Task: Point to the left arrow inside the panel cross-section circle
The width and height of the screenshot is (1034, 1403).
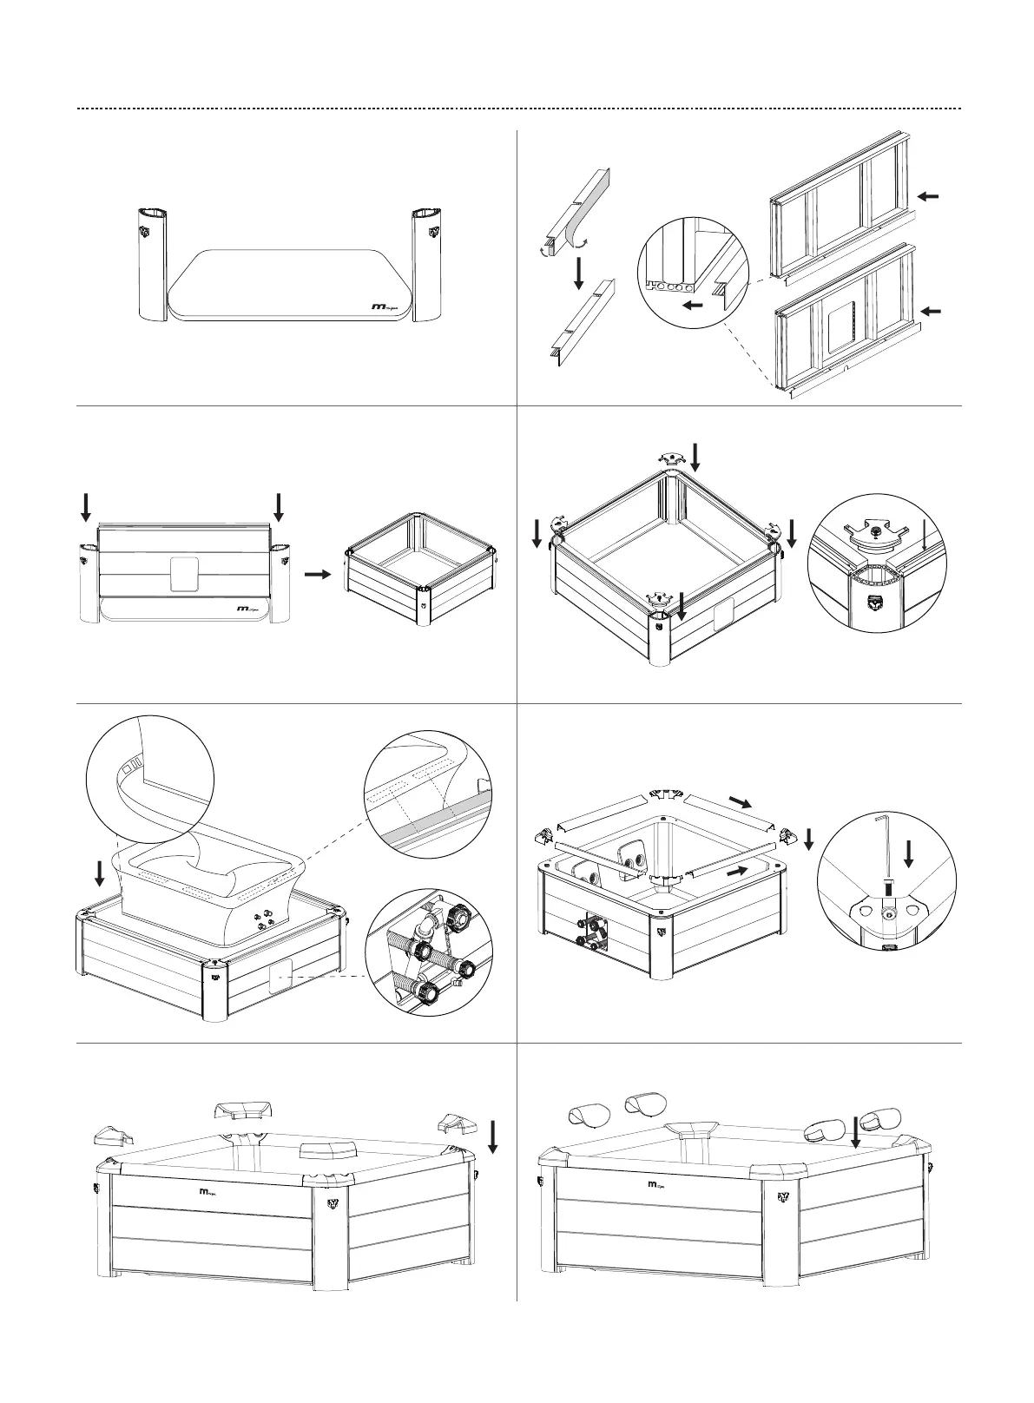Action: (x=692, y=305)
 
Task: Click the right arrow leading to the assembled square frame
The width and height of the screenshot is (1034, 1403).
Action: (x=317, y=574)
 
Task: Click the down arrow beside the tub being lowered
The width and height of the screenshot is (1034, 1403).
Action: (x=100, y=873)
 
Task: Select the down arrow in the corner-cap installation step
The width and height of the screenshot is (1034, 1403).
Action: (x=493, y=1136)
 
